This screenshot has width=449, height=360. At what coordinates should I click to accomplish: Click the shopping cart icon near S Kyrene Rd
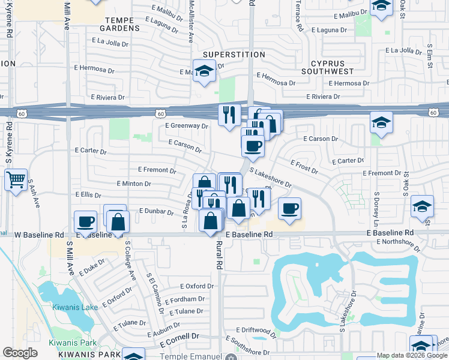(16, 179)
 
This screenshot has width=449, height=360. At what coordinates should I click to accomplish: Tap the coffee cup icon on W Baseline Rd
(85, 221)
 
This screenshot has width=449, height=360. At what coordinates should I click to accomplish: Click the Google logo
(20, 353)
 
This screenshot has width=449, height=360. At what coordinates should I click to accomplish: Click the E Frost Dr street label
(304, 166)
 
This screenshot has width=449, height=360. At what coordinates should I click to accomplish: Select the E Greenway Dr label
(186, 126)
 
